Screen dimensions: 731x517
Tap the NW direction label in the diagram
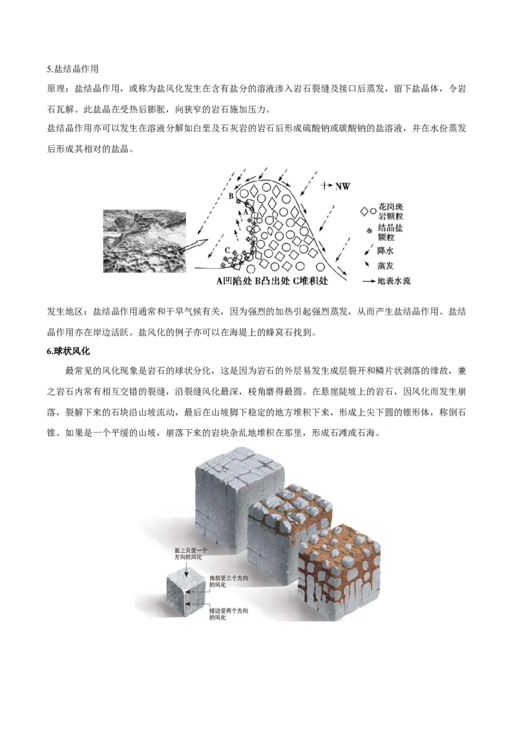coord(341,186)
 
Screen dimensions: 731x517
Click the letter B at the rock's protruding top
coord(231,194)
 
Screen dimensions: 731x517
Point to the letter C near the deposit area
coord(227,250)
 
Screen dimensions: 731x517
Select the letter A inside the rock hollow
coord(245,219)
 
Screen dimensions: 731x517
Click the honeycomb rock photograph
coord(144,242)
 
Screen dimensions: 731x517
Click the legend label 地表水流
coord(399,281)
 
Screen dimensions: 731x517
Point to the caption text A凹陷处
coord(235,282)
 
